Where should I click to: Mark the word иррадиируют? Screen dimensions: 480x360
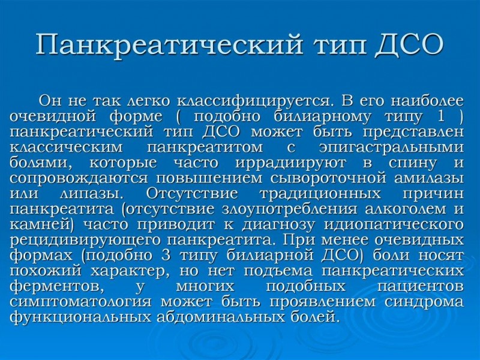pos(290,163)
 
